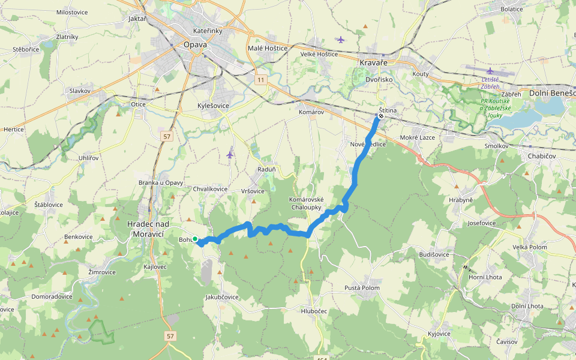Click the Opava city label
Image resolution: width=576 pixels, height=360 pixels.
click(x=196, y=44)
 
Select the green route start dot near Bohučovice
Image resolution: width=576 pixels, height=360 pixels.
click(x=195, y=239)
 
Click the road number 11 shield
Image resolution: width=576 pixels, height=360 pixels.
click(x=260, y=79)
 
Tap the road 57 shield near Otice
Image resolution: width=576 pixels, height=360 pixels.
click(x=167, y=137)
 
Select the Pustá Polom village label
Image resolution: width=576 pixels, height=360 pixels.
click(x=362, y=288)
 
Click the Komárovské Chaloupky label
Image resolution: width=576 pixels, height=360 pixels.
click(x=306, y=203)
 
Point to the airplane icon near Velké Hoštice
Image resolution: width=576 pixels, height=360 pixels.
click(x=341, y=40)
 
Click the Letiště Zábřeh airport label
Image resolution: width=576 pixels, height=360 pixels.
click(x=494, y=82)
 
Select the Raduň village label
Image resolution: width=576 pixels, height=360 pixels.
click(x=266, y=169)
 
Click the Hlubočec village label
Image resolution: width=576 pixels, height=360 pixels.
click(x=314, y=311)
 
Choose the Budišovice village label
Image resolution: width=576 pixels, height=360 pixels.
click(x=435, y=254)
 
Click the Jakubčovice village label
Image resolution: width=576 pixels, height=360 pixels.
click(x=222, y=297)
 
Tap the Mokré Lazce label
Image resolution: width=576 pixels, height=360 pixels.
click(x=418, y=137)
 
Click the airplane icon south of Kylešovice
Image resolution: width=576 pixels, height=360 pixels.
click(x=230, y=154)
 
